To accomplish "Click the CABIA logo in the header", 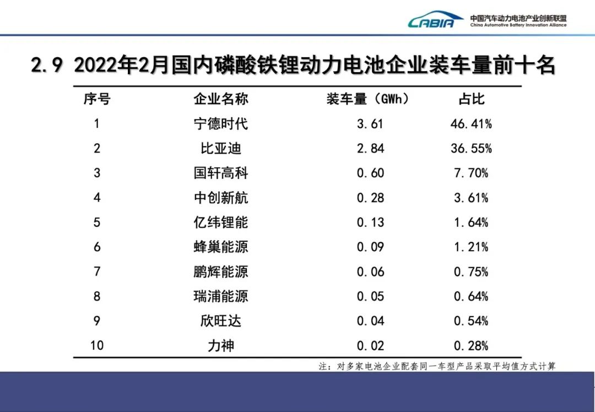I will coord(436,21).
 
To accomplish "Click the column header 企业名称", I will coord(220,99).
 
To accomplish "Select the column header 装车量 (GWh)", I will coord(369,99).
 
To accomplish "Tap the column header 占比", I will coord(471,99).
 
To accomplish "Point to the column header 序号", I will coord(97,99).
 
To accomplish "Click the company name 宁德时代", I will coord(220,124).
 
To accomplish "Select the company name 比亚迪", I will coord(220,149).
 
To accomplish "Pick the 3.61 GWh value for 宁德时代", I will coord(370,124).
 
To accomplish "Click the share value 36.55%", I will coord(471,149).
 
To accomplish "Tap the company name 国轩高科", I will coord(220,174).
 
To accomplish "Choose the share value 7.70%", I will coord(471,174).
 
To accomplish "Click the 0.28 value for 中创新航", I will coord(370,198).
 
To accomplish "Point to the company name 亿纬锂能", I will coord(220,223).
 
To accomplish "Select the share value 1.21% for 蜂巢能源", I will coord(471,247).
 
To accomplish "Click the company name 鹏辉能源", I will coord(220,272).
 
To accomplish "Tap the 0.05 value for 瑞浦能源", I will coord(370,296).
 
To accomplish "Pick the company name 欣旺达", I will coord(220,321).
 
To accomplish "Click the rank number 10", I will coord(97,346).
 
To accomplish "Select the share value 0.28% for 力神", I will coord(471,346).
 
